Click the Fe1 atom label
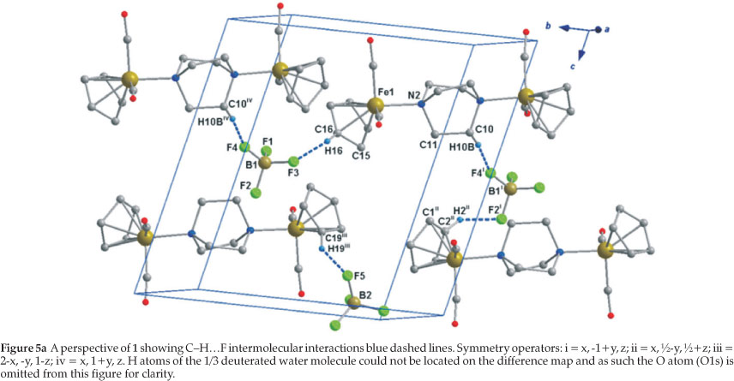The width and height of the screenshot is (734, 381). [382, 92]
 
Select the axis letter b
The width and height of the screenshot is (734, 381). [547, 27]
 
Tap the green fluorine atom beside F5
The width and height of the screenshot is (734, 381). [347, 276]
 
